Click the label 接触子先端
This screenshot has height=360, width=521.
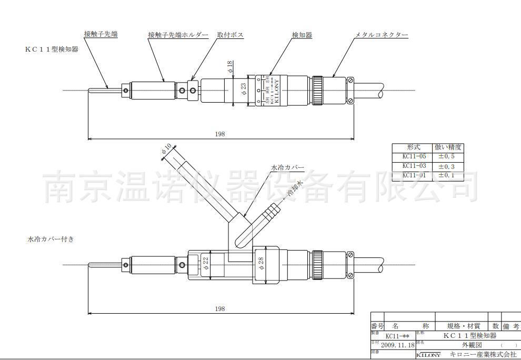click(101, 34)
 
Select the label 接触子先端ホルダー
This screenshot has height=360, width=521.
click(178, 35)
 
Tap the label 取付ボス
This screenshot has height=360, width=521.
click(230, 35)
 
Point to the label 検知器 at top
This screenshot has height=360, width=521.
click(302, 35)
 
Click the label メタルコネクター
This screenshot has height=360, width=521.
click(382, 35)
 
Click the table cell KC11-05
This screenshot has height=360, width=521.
click(412, 157)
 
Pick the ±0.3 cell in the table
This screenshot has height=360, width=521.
click(447, 166)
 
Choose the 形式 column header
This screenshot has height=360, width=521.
click(412, 147)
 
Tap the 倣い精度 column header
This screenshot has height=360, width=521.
click(447, 147)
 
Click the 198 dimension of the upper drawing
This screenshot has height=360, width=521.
click(220, 134)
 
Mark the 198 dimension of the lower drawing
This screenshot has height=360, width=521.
click(220, 309)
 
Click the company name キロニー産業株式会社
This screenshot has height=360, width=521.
click(482, 355)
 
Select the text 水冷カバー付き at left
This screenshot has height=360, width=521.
click(51, 239)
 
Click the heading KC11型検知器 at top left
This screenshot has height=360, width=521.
click(52, 49)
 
